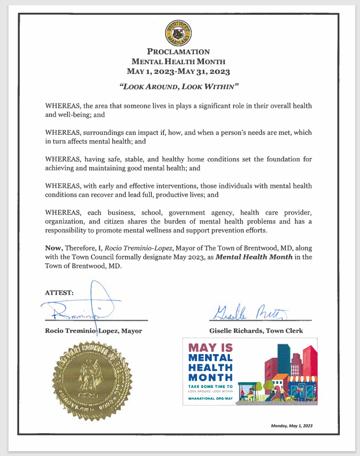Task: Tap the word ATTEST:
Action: (x=59, y=292)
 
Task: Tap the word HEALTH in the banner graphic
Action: (x=211, y=369)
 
